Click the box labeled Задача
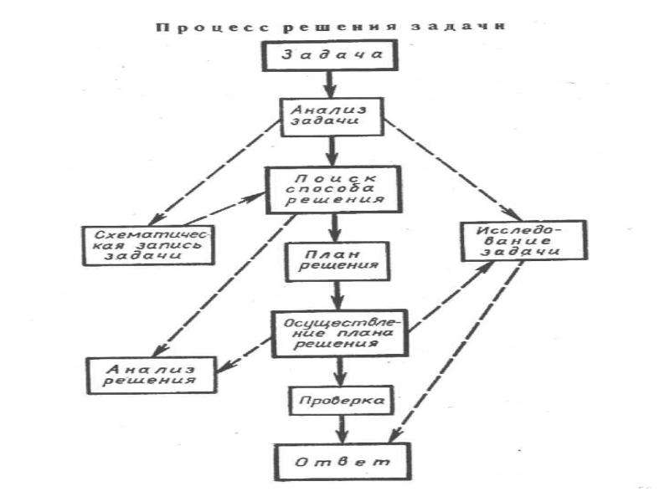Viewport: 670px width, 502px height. [330, 55]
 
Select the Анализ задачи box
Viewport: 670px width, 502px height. [332, 117]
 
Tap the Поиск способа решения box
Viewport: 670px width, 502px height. [333, 190]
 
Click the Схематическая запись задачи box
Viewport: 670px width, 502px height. [148, 245]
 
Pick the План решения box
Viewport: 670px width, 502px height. [338, 262]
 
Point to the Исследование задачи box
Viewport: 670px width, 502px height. [524, 240]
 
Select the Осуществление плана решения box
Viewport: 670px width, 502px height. [340, 333]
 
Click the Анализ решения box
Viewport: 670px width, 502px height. [152, 375]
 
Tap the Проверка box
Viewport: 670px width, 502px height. [342, 401]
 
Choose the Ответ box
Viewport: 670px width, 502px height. [343, 462]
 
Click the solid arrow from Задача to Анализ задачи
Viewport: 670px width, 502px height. [329, 85]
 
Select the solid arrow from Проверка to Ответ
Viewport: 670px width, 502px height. [341, 429]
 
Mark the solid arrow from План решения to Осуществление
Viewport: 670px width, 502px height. [338, 296]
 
